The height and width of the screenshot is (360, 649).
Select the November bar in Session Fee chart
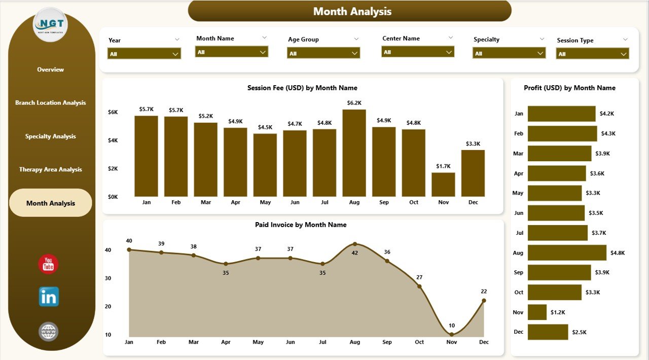pyautogui.click(x=443, y=185)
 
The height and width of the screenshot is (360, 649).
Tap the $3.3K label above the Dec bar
pyautogui.click(x=473, y=144)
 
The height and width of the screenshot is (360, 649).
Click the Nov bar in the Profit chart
pyautogui.click(x=537, y=312)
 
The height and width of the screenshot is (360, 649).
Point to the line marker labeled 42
pyautogui.click(x=354, y=244)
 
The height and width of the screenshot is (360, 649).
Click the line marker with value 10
pyautogui.click(x=451, y=334)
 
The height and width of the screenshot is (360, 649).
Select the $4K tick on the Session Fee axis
pyautogui.click(x=113, y=140)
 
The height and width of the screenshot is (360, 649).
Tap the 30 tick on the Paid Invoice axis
pyautogui.click(x=108, y=278)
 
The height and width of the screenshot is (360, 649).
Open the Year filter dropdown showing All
pyautogui.click(x=144, y=54)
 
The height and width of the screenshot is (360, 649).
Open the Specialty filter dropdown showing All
pyautogui.click(x=509, y=53)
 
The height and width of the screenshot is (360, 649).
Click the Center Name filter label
pyautogui.click(x=401, y=39)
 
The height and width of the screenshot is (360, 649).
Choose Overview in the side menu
pyautogui.click(x=51, y=69)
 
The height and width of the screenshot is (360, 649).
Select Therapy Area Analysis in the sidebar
pyautogui.click(x=51, y=169)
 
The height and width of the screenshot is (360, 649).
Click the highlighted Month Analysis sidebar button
pyautogui.click(x=51, y=203)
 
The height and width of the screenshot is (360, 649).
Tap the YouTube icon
pyautogui.click(x=49, y=264)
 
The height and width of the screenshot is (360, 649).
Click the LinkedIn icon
pyautogui.click(x=49, y=297)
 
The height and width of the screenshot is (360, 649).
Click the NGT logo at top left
pyautogui.click(x=50, y=24)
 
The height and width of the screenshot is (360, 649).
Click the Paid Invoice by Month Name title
pyautogui.click(x=301, y=225)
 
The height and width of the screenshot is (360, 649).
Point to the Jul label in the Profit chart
pyautogui.click(x=519, y=233)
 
